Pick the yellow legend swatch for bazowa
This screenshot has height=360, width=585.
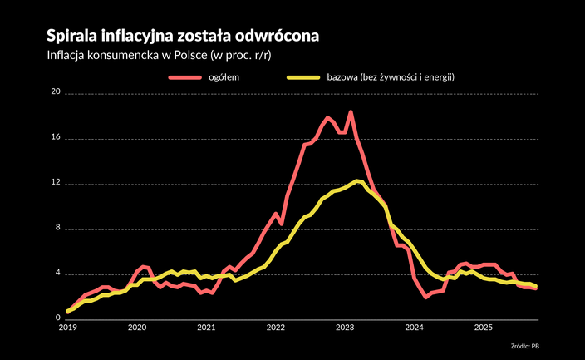click(x=307, y=77)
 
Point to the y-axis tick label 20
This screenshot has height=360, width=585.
click(x=56, y=92)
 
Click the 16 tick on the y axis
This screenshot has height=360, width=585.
click(x=56, y=138)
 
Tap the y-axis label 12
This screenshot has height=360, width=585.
click(x=56, y=183)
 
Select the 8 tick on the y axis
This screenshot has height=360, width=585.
click(x=58, y=229)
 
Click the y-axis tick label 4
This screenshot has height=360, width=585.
click(x=58, y=274)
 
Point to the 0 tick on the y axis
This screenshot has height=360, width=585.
click(x=58, y=318)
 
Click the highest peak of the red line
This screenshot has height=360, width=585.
click(x=351, y=111)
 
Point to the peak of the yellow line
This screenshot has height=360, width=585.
click(x=356, y=180)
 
